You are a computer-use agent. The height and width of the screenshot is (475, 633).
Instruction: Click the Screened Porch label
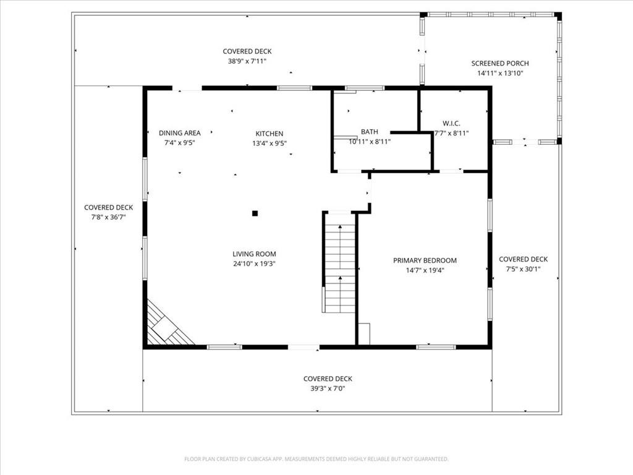pyautogui.click(x=499, y=64)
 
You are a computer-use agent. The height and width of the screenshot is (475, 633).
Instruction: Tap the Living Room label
pyautogui.click(x=254, y=254)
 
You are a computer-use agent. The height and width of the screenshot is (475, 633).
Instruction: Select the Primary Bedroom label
pyautogui.click(x=425, y=260)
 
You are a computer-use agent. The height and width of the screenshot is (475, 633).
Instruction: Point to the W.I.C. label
pyautogui.click(x=451, y=124)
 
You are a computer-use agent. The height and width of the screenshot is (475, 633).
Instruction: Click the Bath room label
pyautogui.click(x=370, y=132)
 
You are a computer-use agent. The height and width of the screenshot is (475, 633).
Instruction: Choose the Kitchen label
pyautogui.click(x=270, y=134)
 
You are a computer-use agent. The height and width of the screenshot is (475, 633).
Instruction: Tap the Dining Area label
pyautogui.click(x=180, y=133)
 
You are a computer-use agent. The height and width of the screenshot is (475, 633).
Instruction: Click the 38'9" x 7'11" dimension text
pyautogui.click(x=247, y=61)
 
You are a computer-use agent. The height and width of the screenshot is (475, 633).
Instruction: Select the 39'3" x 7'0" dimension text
pyautogui.click(x=328, y=388)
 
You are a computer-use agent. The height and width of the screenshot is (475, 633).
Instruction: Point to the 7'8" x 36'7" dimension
pyautogui.click(x=109, y=217)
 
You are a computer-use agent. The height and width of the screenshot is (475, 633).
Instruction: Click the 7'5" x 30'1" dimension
pyautogui.click(x=523, y=269)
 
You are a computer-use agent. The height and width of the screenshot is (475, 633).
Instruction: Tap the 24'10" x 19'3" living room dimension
pyautogui.click(x=254, y=263)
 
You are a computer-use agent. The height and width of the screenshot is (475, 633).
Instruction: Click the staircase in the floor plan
pyautogui.click(x=340, y=262)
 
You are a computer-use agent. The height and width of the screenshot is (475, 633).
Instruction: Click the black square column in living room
pyautogui.click(x=255, y=213)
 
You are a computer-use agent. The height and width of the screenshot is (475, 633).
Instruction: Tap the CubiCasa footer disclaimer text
pyautogui.click(x=316, y=459)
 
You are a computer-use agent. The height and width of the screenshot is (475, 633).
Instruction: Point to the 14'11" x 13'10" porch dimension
pyautogui.click(x=499, y=73)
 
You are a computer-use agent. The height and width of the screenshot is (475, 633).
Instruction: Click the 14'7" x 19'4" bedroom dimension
pyautogui.click(x=425, y=270)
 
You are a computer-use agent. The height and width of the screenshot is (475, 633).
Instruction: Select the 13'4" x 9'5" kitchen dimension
pyautogui.click(x=270, y=143)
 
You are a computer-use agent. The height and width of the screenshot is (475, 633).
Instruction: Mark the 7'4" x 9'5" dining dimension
pyautogui.click(x=180, y=143)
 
